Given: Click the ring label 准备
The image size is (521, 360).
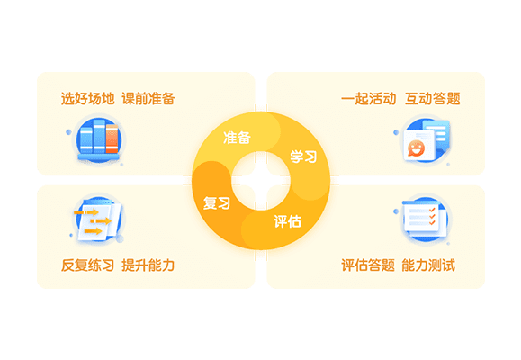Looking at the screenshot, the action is [x=237, y=138].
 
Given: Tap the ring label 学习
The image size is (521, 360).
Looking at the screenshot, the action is [x=303, y=157].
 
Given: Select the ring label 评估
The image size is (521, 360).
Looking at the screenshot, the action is [x=287, y=221].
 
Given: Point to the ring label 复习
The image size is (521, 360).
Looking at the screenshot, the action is [x=217, y=203].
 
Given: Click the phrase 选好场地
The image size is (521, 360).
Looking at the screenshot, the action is [x=87, y=99].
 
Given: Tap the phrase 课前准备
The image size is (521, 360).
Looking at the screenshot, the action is [x=148, y=99].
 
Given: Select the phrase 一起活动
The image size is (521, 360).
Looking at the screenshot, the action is [x=369, y=99].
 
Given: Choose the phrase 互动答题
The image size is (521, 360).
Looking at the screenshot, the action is [x=433, y=99].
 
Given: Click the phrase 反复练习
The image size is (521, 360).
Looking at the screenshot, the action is [x=87, y=265].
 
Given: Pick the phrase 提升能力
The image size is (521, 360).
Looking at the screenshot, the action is [x=148, y=265].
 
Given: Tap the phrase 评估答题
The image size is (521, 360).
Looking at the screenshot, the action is [x=368, y=265].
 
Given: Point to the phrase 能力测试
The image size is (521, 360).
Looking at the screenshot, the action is [x=428, y=265].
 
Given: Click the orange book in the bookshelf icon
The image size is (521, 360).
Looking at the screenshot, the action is [x=112, y=139].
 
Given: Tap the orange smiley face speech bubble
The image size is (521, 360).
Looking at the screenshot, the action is [x=416, y=148].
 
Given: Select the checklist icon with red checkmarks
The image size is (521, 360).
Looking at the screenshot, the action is [x=425, y=219].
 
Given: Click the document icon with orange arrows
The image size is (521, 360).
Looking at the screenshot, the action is [x=98, y=220].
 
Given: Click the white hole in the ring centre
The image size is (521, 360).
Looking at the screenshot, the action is [x=261, y=181].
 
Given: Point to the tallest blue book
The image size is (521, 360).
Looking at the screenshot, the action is [x=99, y=136].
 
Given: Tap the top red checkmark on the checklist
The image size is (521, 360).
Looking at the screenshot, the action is [x=432, y=210].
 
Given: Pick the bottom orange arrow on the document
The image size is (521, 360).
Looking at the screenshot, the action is [x=93, y=231].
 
